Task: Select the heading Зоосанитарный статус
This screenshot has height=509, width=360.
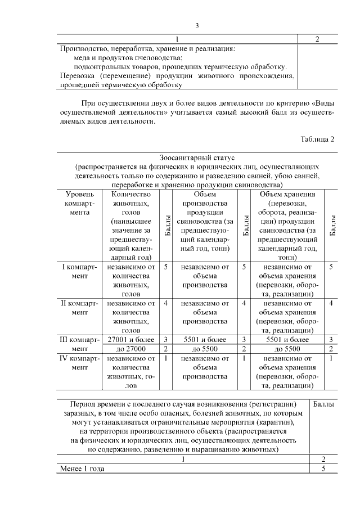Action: point(197,159)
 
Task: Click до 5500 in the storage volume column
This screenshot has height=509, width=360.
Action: point(287,349)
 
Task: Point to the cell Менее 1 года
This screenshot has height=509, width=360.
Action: point(83,469)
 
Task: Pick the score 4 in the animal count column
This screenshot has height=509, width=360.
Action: point(166,303)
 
